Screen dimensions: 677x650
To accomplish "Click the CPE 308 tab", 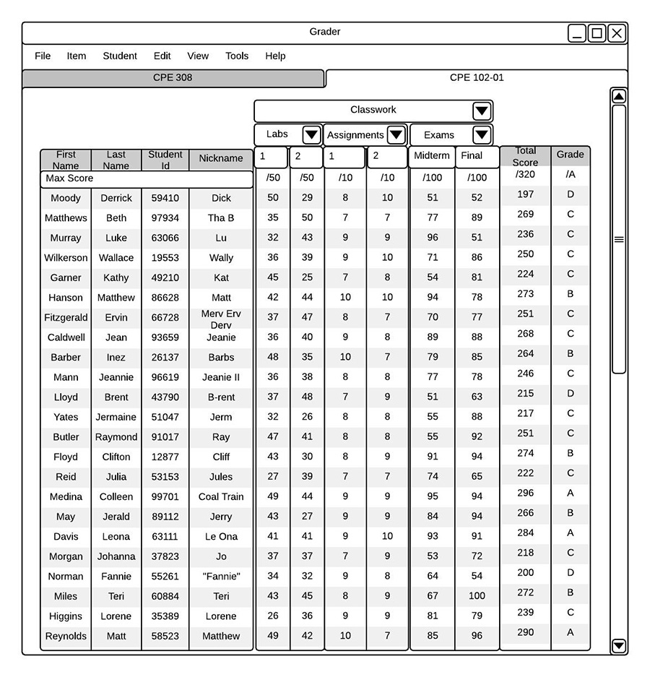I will pos(173,78).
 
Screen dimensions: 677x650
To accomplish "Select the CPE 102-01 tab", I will pos(476,78).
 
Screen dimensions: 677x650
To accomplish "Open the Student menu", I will pos(120,56).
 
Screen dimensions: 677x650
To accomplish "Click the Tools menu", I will pos(237,56).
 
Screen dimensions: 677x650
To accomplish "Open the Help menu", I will pos(275,56).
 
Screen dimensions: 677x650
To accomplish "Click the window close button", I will pos(616,33).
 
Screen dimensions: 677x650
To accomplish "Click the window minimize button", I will pos(577,33).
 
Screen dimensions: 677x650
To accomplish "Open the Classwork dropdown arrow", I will pos(482,111).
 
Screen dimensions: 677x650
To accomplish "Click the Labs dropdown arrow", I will pos(311,135).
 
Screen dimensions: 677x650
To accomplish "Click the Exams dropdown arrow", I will pos(482,135).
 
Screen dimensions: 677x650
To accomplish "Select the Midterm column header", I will pos(432,156).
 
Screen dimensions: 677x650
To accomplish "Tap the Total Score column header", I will pos(525,157).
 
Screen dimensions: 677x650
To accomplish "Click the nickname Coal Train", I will pos(221,497).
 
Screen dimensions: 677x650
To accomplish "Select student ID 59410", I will pos(165,198).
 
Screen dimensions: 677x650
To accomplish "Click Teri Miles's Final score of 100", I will pos(477,596).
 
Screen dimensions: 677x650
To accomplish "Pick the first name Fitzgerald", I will pos(66,317).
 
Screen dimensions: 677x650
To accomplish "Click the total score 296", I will pos(525,493).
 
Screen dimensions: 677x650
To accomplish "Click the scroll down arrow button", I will pos(618,645).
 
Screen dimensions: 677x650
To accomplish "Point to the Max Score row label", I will pos(69,178).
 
